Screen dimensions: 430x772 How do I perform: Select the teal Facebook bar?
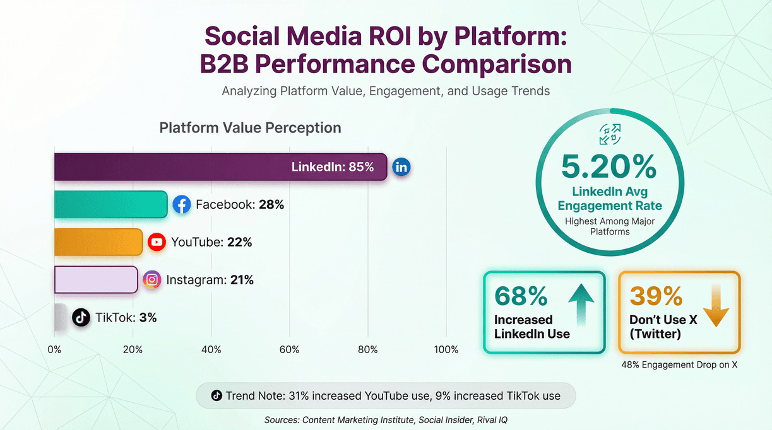point(110,204)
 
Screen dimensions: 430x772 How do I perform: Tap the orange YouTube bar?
point(98,242)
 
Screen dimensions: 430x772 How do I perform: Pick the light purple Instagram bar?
point(96,279)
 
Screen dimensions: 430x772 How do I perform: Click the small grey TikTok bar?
point(60,317)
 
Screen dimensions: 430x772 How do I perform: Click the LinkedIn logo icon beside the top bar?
point(401,167)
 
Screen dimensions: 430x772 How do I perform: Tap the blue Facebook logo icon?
point(182,204)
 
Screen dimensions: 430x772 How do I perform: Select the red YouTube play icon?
point(157,242)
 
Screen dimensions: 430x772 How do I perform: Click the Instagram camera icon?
point(151,279)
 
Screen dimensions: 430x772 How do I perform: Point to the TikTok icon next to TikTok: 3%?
point(81,317)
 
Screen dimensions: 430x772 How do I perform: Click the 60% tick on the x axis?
point(290,349)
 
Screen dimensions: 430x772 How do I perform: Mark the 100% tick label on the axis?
point(446,349)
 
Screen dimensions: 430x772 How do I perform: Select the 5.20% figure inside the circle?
point(609,167)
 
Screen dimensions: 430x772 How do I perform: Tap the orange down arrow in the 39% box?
point(716,305)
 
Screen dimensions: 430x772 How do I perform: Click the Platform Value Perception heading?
point(250,128)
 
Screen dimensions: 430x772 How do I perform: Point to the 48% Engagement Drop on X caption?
point(679,364)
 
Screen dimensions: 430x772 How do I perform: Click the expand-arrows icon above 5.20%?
point(610,134)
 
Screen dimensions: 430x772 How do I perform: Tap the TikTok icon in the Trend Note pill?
point(216,396)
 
